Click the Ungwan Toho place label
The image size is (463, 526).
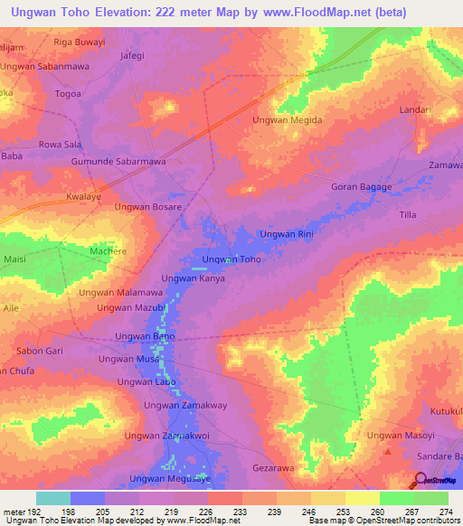coord(231,259)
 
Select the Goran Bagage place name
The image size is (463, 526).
coord(362,187)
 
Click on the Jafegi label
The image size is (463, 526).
coord(132,54)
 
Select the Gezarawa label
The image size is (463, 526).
coord(276,470)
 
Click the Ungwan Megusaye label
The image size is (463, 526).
coord(171,479)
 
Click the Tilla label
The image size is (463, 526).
coord(408,215)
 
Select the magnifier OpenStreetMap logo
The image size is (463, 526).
coord(420,480)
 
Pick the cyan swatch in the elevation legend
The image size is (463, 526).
coord(53,498)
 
